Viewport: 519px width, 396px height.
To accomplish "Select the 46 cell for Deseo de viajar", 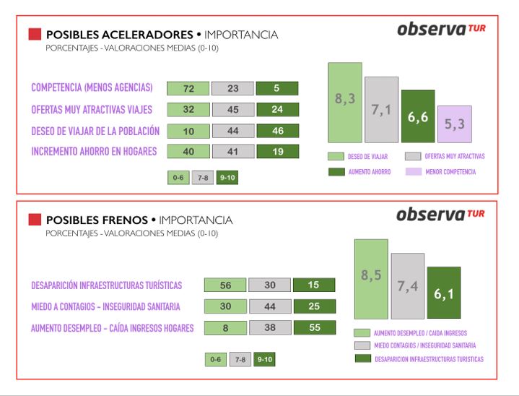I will [x=277, y=132].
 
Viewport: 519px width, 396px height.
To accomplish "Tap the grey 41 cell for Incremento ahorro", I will [x=232, y=152].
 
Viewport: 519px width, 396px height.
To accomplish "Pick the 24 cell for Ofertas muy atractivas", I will [x=277, y=111].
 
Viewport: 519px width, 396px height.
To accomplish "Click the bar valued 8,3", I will [x=344, y=102].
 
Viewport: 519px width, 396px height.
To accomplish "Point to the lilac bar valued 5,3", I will [x=454, y=124].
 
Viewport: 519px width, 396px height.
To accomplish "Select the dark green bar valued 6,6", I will [x=418, y=116].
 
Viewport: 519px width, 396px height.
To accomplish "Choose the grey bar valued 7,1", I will [x=381, y=110].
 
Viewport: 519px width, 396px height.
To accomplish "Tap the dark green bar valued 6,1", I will [x=444, y=293].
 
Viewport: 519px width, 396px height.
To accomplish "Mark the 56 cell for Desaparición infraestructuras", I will [x=225, y=285].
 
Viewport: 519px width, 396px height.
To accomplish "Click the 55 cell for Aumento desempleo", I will [x=314, y=327].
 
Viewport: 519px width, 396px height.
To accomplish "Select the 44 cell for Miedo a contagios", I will [x=269, y=306].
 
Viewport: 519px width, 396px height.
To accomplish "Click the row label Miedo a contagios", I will [x=105, y=306].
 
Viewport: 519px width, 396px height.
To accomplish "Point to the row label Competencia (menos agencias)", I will [x=92, y=88].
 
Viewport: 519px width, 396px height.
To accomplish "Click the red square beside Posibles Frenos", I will [x=35, y=220].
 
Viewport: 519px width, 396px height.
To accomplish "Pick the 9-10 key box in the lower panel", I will [x=264, y=359].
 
